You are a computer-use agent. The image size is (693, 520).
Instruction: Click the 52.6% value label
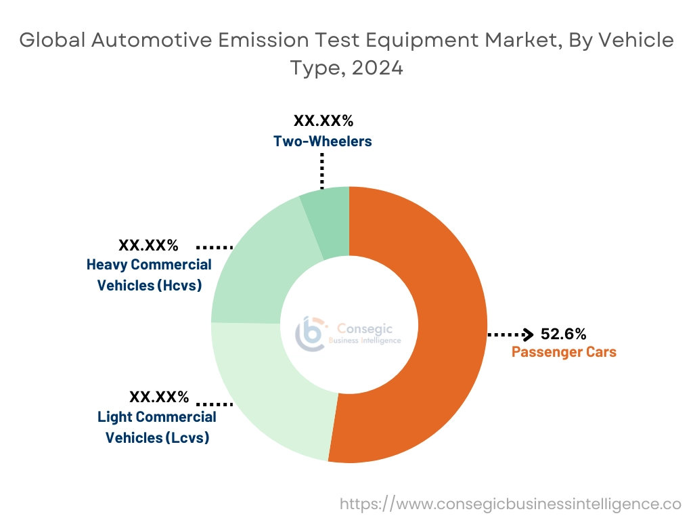click(x=563, y=334)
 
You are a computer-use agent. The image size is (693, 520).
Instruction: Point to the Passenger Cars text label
click(x=564, y=352)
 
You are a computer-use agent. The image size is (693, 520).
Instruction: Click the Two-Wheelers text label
click(x=323, y=142)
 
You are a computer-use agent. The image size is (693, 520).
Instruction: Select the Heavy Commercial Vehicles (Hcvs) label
click(x=149, y=275)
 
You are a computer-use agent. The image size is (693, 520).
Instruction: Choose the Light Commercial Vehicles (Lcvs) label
click(x=157, y=427)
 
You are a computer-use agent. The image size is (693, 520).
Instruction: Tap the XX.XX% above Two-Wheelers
click(x=323, y=122)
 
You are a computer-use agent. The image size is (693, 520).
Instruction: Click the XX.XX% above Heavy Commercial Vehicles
click(x=148, y=245)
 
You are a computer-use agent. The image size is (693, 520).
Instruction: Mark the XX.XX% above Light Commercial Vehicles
click(x=158, y=397)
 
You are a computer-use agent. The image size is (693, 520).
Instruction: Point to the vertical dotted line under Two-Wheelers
click(x=322, y=171)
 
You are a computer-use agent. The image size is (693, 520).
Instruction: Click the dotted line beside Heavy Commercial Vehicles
click(x=215, y=247)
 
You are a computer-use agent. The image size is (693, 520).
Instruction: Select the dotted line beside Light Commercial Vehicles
click(x=215, y=404)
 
